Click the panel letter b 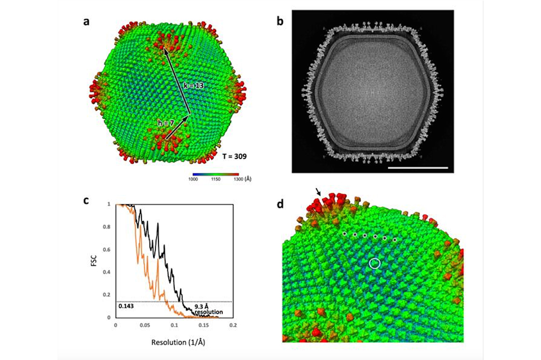(281, 22)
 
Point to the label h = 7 (166, 123)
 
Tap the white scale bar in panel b (417, 168)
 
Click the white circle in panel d (375, 262)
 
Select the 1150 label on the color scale (216, 179)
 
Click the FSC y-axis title (93, 260)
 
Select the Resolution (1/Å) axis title (174, 342)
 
